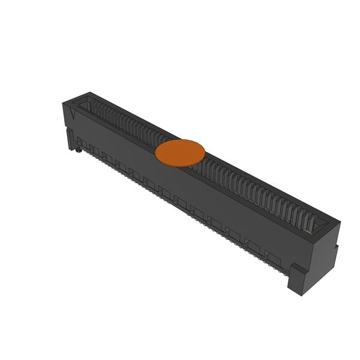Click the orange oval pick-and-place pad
[x=180, y=152]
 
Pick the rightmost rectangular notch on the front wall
[x=274, y=259]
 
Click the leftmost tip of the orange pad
[x=155, y=154]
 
